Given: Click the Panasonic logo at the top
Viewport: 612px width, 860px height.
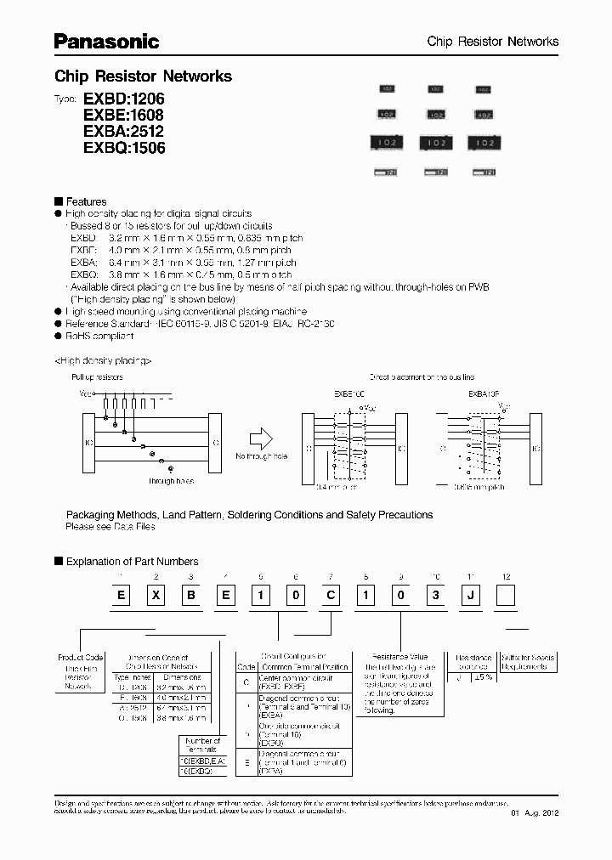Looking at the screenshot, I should click(107, 41).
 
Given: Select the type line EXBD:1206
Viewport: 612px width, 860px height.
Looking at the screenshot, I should click(123, 99).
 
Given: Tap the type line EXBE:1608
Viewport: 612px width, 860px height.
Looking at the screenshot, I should click(123, 115).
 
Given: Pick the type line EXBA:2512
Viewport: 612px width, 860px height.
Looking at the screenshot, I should click(123, 131).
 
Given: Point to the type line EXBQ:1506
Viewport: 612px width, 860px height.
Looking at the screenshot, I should click(124, 147).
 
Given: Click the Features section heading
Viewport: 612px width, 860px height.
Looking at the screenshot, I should click(86, 201).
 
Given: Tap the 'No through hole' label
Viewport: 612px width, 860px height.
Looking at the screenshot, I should click(261, 457).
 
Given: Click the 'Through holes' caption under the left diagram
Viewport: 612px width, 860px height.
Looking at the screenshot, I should click(171, 481).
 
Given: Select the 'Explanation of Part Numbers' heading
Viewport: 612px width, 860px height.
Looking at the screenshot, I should click(132, 562).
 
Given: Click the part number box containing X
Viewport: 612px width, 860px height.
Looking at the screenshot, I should click(156, 596).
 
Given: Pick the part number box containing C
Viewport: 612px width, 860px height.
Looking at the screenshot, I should click(330, 596).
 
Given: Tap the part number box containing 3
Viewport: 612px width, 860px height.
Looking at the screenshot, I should click(435, 596).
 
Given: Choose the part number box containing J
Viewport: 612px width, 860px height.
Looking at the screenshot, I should click(470, 596).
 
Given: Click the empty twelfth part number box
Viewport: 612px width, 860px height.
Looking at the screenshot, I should click(505, 596).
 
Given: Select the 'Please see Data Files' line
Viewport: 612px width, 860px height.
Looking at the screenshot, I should click(110, 527).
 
